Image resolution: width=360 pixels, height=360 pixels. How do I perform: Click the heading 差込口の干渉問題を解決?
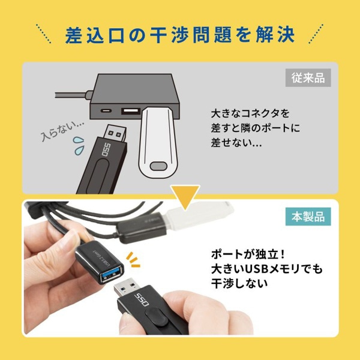[180, 34]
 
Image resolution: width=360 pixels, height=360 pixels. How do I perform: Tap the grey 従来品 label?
[308, 77]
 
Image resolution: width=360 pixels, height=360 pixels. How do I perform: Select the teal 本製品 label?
[308, 217]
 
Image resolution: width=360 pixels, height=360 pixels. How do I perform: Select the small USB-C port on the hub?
[107, 112]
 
